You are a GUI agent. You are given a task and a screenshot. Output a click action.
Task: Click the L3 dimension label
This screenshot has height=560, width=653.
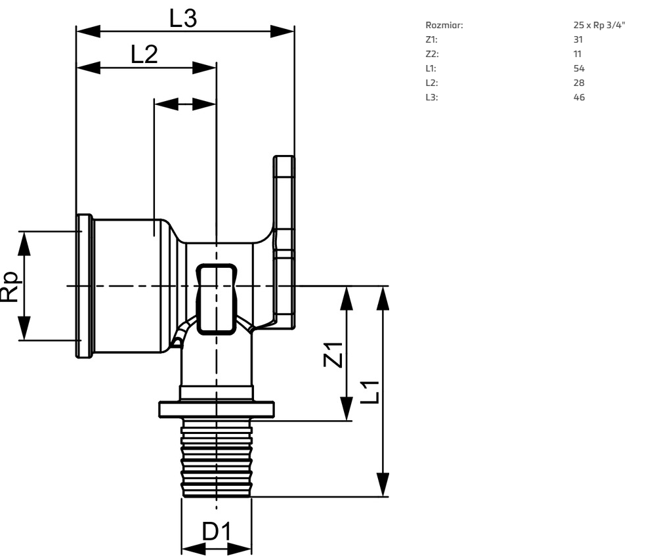[x=183, y=18]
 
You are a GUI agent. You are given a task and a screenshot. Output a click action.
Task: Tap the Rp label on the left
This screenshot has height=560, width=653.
[x=11, y=286]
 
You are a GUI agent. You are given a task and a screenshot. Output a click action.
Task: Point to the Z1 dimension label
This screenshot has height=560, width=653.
[x=333, y=355]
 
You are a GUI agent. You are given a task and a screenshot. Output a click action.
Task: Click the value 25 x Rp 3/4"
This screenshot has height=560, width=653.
[x=599, y=26]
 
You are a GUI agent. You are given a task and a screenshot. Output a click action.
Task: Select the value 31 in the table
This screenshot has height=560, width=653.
[x=578, y=40]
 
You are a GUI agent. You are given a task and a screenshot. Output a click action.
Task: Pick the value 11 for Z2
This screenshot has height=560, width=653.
[x=578, y=54]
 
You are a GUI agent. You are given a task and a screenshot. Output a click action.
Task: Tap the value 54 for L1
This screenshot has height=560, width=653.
[x=579, y=69]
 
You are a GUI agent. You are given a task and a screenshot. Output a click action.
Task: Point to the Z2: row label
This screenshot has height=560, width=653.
[x=432, y=54]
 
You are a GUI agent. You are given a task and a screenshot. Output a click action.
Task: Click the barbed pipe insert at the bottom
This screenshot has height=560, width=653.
[x=217, y=460]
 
